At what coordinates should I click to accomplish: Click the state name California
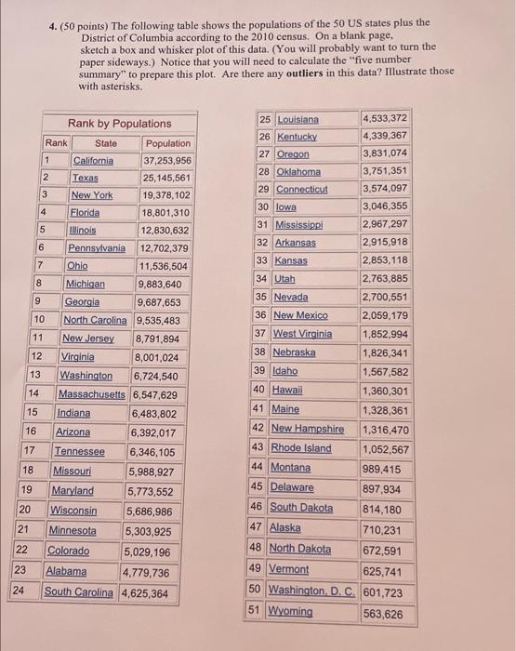coord(93,160)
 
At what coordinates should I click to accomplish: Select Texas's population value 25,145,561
coord(166,178)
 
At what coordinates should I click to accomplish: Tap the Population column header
coord(167,143)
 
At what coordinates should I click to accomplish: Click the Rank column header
coord(57,142)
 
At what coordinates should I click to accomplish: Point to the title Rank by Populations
coord(119,124)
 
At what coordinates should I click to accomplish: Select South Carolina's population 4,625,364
coord(145,592)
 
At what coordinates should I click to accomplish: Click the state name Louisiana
coord(298,119)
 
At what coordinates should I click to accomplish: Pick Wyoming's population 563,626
coord(383,614)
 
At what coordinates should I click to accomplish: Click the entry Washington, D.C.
coord(311,591)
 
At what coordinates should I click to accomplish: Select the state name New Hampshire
coord(307,429)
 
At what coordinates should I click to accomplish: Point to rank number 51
coord(255,612)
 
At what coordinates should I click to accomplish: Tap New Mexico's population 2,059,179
coord(385,315)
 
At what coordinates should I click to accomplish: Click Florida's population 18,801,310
coord(165,212)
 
